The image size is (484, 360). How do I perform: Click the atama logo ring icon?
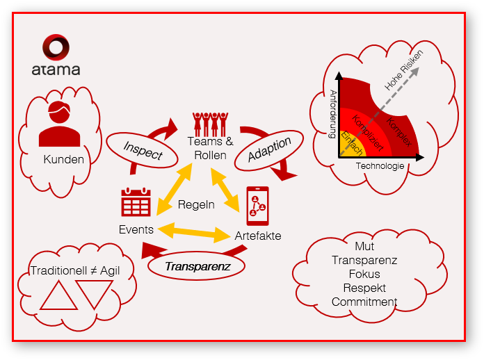55,49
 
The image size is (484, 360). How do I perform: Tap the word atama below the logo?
56,69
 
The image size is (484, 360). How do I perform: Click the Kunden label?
63,159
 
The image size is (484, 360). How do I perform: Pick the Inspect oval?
143,147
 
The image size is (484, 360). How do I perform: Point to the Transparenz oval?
198,265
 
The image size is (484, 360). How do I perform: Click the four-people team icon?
210,123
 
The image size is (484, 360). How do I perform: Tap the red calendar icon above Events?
136,203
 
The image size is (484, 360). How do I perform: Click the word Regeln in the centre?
196,205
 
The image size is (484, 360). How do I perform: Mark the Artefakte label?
258,236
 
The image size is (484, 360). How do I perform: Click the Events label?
136,229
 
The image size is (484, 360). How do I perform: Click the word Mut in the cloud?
364,246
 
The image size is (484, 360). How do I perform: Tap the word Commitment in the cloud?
364,302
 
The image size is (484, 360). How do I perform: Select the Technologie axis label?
380,166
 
